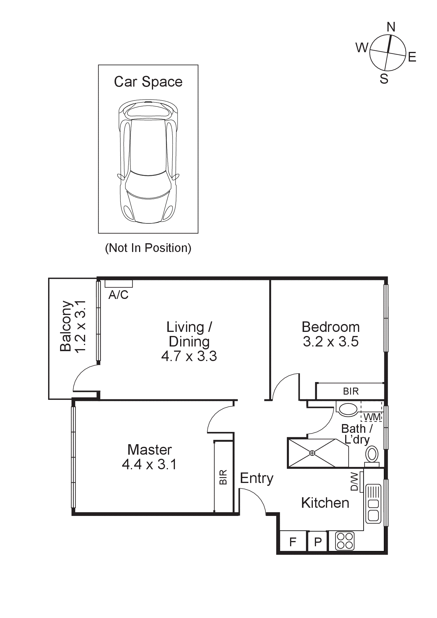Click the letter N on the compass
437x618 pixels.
tap(391, 27)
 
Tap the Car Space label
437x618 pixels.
tap(148, 82)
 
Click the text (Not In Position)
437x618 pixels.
tap(148, 248)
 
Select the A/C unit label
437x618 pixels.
tap(118, 295)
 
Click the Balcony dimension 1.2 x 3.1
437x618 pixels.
tap(80, 327)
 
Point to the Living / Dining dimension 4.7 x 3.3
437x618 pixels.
tap(189, 356)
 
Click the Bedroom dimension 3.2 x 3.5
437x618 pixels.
tap(331, 342)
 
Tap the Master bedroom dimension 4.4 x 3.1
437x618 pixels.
tap(149, 464)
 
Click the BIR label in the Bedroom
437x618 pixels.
tap(351, 391)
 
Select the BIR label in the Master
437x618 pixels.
tap(223, 477)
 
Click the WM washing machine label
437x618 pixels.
tap(372, 417)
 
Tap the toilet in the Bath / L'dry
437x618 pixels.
tap(372, 455)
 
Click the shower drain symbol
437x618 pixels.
tap(312, 453)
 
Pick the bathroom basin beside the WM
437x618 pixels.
tap(348, 409)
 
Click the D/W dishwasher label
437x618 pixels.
tap(354, 482)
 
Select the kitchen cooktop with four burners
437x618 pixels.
tap(345, 541)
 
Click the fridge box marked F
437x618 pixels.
tap(293, 542)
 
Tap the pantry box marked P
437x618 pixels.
tap(318, 542)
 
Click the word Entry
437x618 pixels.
tap(257, 479)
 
